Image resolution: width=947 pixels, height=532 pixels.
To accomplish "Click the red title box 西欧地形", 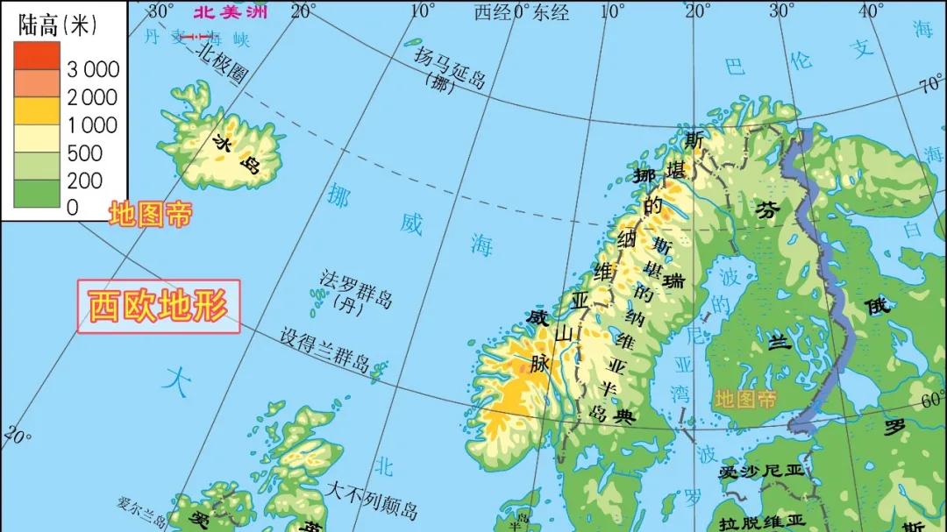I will tap(158, 307).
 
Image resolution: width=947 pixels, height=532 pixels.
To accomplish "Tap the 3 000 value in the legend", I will tap(94, 70).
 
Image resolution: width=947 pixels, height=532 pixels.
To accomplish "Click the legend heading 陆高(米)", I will tap(55, 25).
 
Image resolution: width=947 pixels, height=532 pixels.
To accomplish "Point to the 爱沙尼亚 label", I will tap(760, 472).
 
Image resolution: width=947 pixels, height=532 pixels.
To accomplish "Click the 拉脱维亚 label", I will tap(760, 522).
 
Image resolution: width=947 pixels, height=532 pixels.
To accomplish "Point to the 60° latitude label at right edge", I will tap(931, 400).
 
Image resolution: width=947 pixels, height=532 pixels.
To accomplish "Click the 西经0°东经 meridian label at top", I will tap(522, 12).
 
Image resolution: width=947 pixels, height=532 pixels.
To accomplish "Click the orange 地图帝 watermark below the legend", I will tap(149, 214).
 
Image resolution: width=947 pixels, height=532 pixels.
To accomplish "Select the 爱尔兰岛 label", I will tap(141, 507).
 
